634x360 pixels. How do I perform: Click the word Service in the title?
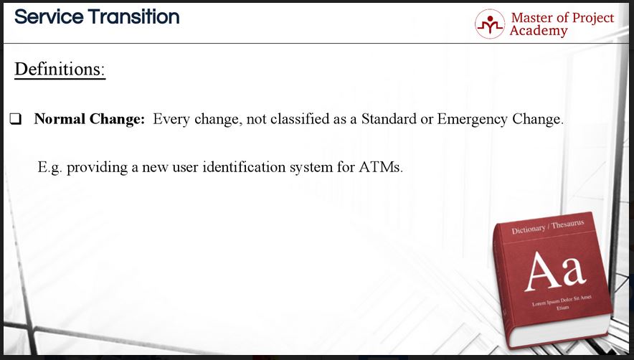[49, 17]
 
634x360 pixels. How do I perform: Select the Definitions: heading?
[60, 69]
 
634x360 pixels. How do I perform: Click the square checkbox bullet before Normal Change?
[16, 119]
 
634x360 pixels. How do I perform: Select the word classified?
[300, 119]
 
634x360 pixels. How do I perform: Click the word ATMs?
[381, 166]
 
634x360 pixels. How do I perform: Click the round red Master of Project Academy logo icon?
[490, 24]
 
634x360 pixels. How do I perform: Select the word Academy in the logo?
[539, 31]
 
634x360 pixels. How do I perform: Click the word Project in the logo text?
[592, 18]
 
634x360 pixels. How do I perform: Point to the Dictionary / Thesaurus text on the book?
[548, 227]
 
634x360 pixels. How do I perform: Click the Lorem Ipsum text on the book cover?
[562, 302]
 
